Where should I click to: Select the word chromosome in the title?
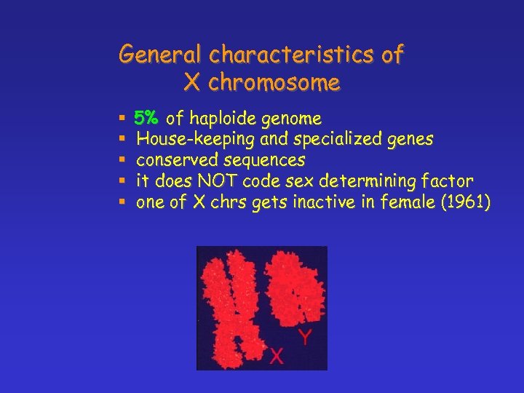274,84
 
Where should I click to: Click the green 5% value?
148,118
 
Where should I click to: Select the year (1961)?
464,202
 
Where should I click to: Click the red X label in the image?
277,355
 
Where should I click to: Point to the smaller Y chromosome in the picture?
295,287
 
